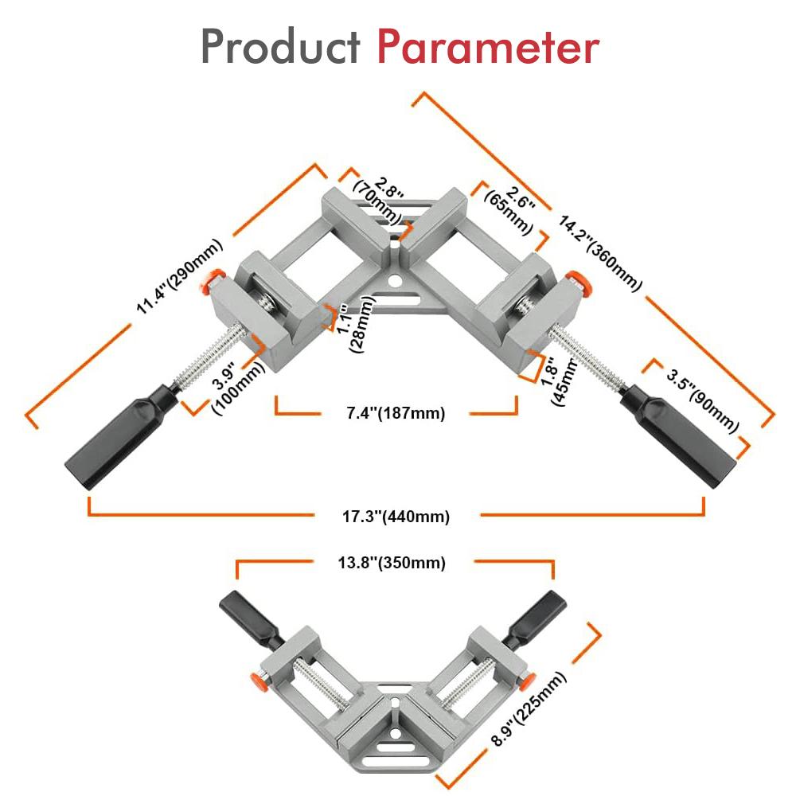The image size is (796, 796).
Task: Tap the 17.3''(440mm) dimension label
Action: coord(396,517)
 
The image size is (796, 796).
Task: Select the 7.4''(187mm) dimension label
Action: coord(395,413)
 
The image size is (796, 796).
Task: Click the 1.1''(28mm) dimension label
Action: coord(355,322)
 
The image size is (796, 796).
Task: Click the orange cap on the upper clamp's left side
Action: coord(212,279)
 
